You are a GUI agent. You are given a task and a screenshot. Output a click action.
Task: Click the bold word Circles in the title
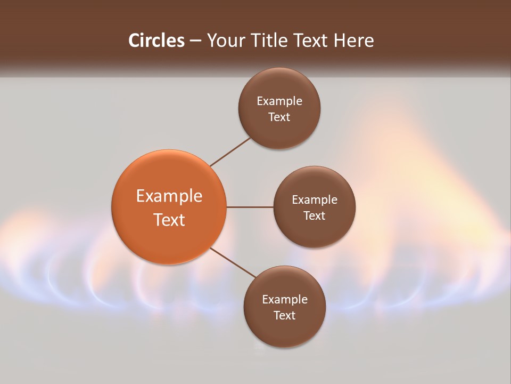[156, 41]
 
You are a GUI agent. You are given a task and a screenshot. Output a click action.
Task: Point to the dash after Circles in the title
[195, 41]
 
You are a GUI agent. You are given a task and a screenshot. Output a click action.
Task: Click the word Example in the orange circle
[169, 196]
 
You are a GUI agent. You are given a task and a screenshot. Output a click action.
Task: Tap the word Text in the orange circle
[169, 220]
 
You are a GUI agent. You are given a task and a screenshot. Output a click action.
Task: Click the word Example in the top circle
[279, 101]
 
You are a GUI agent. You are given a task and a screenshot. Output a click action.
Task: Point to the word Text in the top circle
[279, 117]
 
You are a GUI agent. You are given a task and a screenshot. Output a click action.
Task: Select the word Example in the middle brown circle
[315, 200]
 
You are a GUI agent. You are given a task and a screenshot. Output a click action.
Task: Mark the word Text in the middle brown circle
[314, 216]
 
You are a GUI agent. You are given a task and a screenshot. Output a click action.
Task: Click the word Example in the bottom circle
[285, 300]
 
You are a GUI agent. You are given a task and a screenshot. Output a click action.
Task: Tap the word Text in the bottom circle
[284, 316]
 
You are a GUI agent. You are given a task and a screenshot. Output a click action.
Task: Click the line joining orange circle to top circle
[231, 151]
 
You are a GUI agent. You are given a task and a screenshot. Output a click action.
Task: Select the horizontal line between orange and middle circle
[250, 207]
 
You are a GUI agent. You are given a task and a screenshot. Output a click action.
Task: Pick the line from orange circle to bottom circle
[233, 262]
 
